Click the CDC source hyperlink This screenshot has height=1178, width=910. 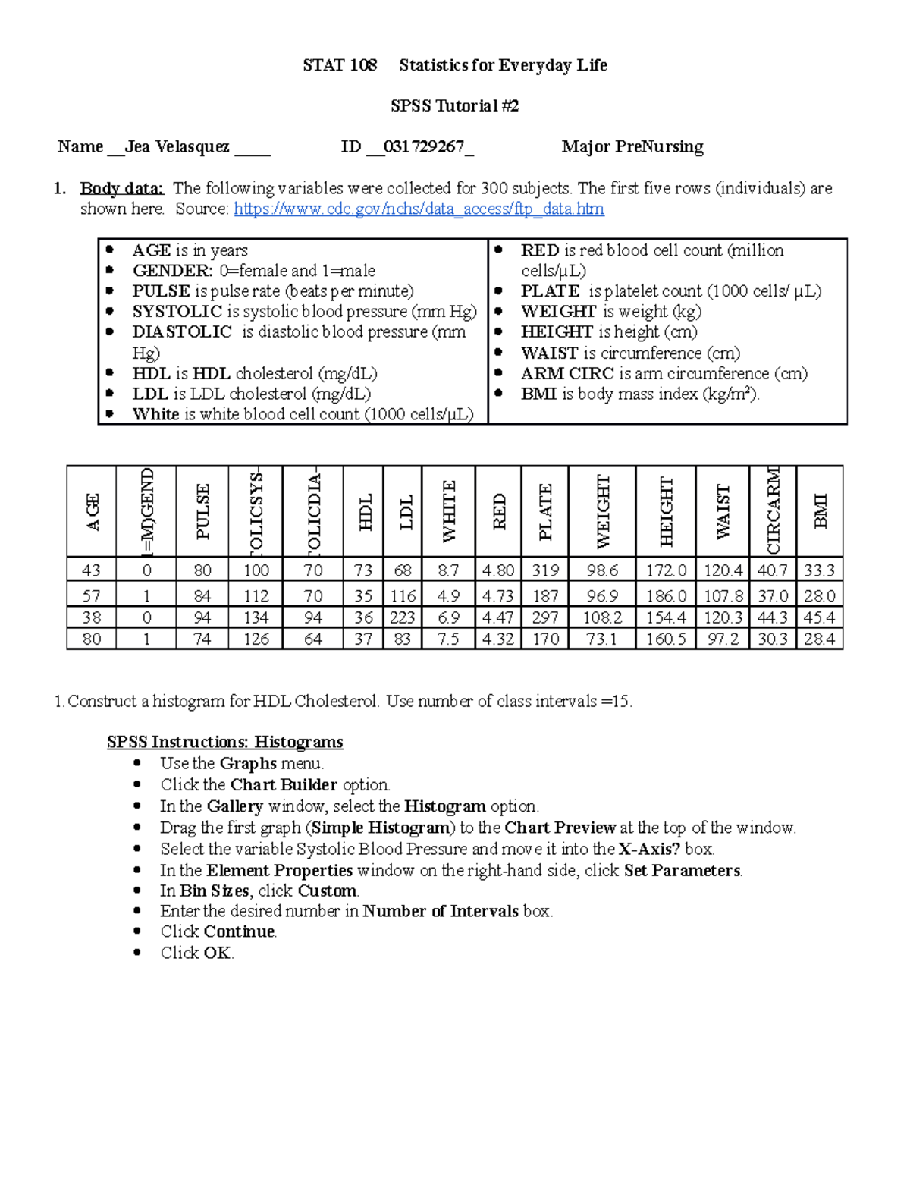click(x=419, y=209)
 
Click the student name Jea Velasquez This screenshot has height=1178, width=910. click(x=177, y=147)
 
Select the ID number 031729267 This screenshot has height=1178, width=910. click(x=423, y=147)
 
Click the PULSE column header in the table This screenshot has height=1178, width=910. click(x=202, y=511)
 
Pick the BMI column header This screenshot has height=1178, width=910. click(x=820, y=511)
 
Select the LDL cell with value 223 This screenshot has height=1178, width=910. click(x=402, y=617)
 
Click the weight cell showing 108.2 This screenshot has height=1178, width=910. click(x=602, y=617)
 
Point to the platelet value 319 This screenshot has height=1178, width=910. click(x=545, y=570)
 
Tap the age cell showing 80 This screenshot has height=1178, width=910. click(x=92, y=639)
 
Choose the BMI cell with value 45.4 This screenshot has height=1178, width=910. click(x=819, y=617)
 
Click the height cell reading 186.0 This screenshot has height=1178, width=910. click(x=666, y=596)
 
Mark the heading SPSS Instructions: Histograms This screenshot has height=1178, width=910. click(x=224, y=742)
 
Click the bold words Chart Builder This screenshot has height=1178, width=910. click(x=284, y=785)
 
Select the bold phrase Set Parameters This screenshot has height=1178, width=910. click(x=682, y=871)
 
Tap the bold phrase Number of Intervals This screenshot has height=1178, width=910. click(x=441, y=912)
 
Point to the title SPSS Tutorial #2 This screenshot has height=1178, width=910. click(x=454, y=106)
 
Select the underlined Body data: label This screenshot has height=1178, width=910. click(x=121, y=188)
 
